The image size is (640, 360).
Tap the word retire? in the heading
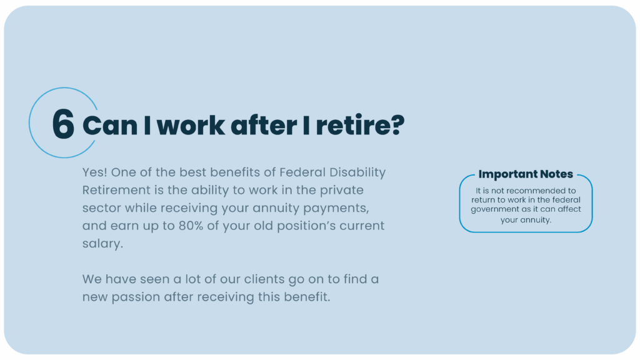pos(360,124)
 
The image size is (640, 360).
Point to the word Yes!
pos(95,172)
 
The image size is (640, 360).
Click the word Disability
pos(357,172)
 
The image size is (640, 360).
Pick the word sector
pos(102,208)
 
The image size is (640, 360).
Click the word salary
pos(102,244)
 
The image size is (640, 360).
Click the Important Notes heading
pos(526,174)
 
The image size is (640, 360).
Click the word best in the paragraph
pos(193,172)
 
